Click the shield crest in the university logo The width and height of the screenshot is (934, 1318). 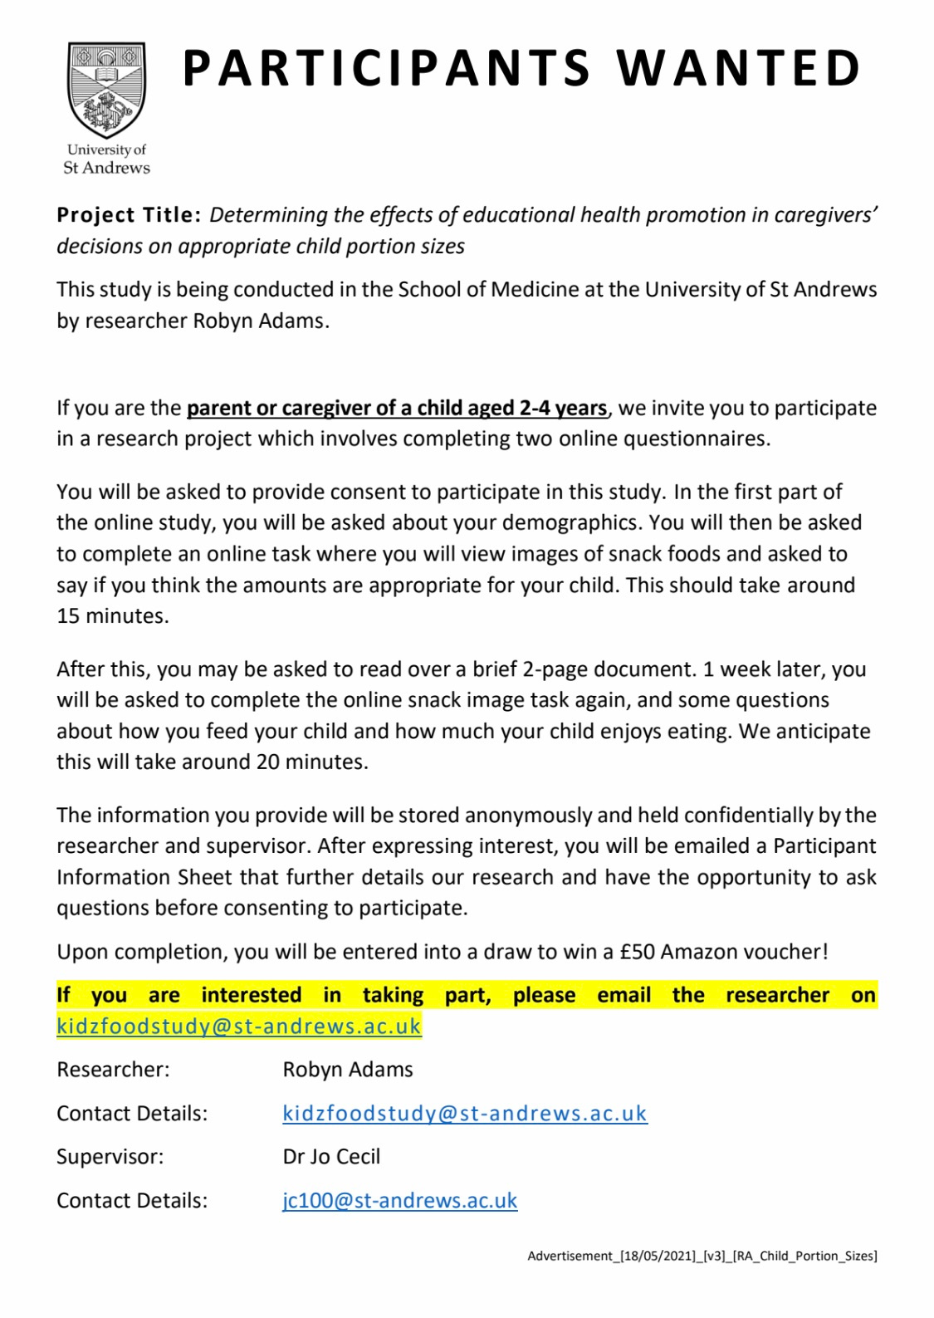[107, 90]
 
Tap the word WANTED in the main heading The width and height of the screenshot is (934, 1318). [738, 68]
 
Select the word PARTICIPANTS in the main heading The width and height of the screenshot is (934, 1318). [385, 68]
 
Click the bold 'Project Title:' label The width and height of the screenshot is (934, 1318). [129, 215]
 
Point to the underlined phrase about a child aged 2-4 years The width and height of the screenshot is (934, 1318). [397, 408]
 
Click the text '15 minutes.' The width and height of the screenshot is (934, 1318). [112, 616]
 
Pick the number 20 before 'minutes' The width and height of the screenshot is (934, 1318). [267, 762]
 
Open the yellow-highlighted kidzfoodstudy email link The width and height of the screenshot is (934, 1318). [239, 1026]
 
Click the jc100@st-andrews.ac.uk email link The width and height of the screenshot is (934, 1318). [399, 1201]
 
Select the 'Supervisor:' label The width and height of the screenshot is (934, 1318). [110, 1157]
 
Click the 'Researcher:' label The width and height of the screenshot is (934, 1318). [113, 1070]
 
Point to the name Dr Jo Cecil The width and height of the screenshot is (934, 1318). [331, 1157]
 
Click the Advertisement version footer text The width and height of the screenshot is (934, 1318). [702, 1256]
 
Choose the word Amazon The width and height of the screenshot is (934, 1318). [702, 952]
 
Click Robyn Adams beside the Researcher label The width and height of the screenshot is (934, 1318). [348, 1070]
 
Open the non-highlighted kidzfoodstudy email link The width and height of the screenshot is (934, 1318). [464, 1114]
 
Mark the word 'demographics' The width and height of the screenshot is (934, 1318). [537, 523]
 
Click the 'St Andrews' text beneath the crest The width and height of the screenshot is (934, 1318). [106, 168]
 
